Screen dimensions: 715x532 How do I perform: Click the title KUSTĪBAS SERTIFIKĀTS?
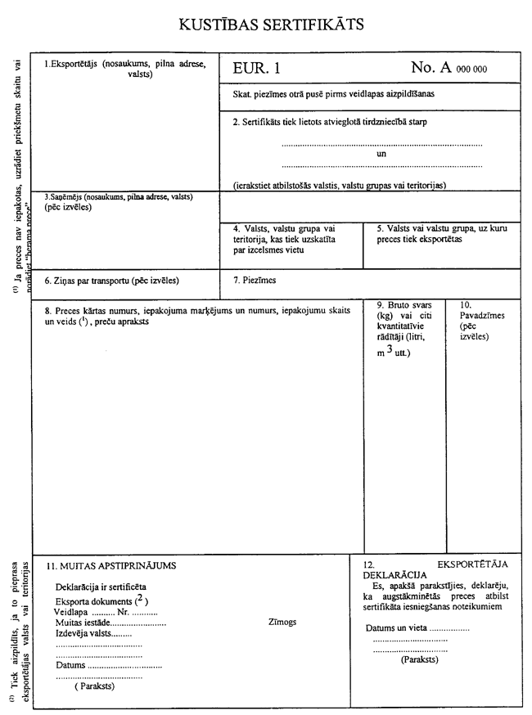click(271, 25)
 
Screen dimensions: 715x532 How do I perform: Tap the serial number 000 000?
click(471, 70)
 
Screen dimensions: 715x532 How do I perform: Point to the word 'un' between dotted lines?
click(381, 153)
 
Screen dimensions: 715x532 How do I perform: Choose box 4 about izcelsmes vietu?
click(284, 240)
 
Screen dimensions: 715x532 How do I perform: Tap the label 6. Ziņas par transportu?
click(111, 281)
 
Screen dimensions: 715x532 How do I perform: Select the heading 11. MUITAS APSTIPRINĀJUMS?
click(110, 565)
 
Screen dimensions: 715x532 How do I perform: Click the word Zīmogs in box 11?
click(282, 622)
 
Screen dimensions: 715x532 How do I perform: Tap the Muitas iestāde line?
click(110, 623)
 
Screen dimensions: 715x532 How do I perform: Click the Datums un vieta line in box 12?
click(416, 627)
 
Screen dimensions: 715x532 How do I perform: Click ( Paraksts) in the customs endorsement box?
click(94, 686)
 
